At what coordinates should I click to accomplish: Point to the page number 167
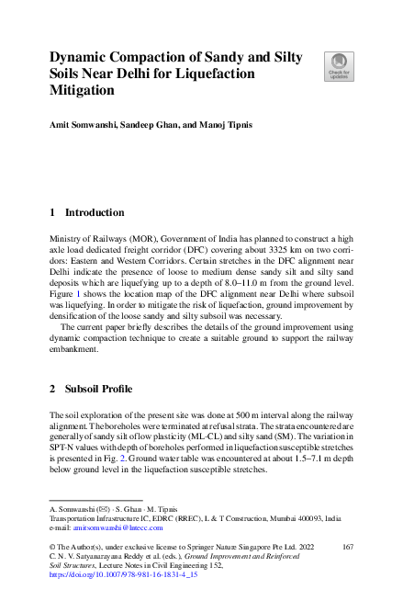coord(347,547)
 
